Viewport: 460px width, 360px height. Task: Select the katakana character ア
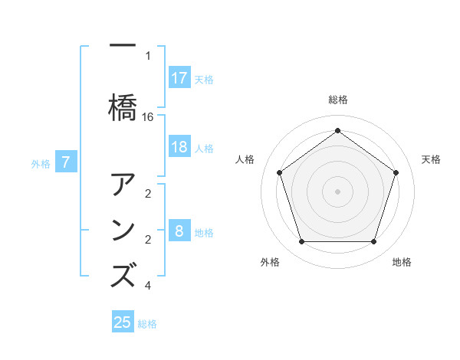point(123,186)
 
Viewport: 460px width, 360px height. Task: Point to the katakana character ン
point(123,230)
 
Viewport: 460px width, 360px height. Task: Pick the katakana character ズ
point(123,274)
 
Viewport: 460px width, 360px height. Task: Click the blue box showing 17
point(179,78)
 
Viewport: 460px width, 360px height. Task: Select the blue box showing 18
point(179,147)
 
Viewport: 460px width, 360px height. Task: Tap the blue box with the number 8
point(179,231)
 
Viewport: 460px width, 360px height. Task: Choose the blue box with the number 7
point(67,162)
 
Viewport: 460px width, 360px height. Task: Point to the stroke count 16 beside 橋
point(148,116)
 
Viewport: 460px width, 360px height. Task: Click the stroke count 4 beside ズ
point(148,286)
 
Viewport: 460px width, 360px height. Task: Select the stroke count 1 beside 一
point(148,55)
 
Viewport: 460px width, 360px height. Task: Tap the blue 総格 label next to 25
point(147,324)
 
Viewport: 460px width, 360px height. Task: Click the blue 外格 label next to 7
point(41,163)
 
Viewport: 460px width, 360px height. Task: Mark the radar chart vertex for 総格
point(337,130)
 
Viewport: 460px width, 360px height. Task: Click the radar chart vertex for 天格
point(396,172)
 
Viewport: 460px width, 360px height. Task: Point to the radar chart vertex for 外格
point(301,242)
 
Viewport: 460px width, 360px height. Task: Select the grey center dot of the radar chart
point(337,191)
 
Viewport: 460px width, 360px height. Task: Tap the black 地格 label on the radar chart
point(402,262)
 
